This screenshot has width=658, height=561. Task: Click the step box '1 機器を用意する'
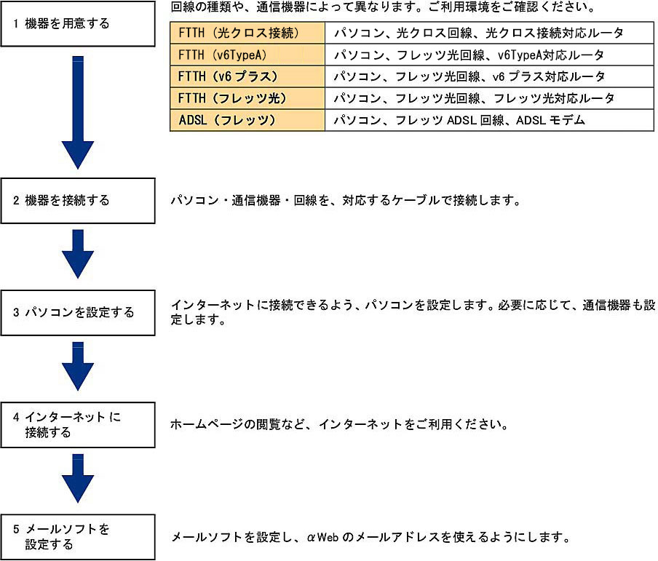coord(78,23)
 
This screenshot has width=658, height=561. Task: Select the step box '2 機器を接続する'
coord(78,201)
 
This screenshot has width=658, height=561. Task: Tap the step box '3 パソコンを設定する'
coord(78,313)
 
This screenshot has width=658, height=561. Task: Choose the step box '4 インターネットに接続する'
coord(78,425)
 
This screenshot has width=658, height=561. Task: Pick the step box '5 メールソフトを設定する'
coord(78,537)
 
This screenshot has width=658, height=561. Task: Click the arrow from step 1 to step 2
coord(78,113)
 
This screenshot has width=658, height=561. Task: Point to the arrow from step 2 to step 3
coord(78,254)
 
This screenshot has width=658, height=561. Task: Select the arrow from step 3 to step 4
coord(78,366)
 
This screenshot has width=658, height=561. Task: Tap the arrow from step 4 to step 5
coord(78,478)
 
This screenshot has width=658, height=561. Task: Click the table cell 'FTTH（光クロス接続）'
coord(247,33)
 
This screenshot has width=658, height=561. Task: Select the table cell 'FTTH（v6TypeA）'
coord(247,55)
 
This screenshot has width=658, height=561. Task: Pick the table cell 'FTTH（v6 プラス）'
coord(247,76)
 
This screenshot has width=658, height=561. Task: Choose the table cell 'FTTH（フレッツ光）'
coord(247,98)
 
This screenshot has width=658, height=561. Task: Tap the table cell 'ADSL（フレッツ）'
coord(247,120)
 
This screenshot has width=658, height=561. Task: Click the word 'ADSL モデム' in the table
coord(550,121)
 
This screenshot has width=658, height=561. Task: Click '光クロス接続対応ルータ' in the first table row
coord(554,33)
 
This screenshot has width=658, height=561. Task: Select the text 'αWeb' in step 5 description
coord(322,537)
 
